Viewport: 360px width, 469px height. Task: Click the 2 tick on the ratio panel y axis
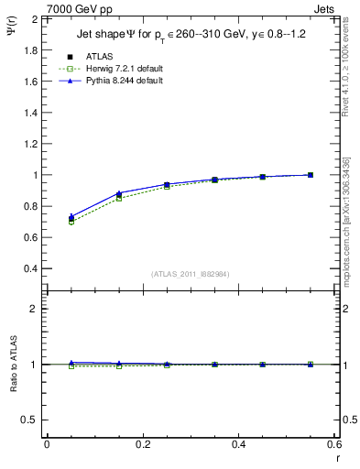33,309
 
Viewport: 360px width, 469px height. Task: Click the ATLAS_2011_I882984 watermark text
191,274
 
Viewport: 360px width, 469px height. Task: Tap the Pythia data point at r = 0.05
71,217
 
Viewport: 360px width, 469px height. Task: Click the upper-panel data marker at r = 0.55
311,175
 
